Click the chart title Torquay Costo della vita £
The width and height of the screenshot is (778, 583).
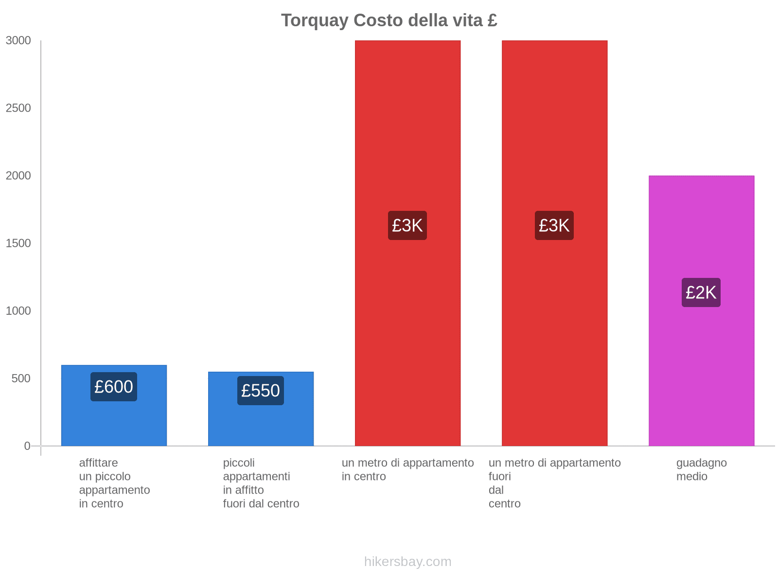[389, 20]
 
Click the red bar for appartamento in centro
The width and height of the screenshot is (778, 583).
[407, 316]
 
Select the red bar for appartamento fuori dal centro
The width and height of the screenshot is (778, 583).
[554, 316]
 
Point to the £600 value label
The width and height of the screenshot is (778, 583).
[114, 387]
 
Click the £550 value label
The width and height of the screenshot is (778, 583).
[261, 391]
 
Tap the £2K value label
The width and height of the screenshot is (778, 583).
[701, 292]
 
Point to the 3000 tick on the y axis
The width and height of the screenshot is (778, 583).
[18, 41]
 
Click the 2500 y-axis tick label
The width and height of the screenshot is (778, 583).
[18, 108]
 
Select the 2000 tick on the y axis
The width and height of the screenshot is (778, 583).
[18, 176]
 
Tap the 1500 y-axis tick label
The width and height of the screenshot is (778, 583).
[18, 243]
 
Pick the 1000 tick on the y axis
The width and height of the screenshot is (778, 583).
[18, 311]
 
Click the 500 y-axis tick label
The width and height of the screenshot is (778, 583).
[21, 378]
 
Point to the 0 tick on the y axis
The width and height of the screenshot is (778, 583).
[27, 446]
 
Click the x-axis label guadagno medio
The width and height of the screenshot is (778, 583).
[701, 470]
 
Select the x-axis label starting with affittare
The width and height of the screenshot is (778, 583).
[114, 483]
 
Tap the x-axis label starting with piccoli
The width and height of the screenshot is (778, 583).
[261, 483]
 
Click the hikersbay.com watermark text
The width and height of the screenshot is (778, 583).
[407, 562]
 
